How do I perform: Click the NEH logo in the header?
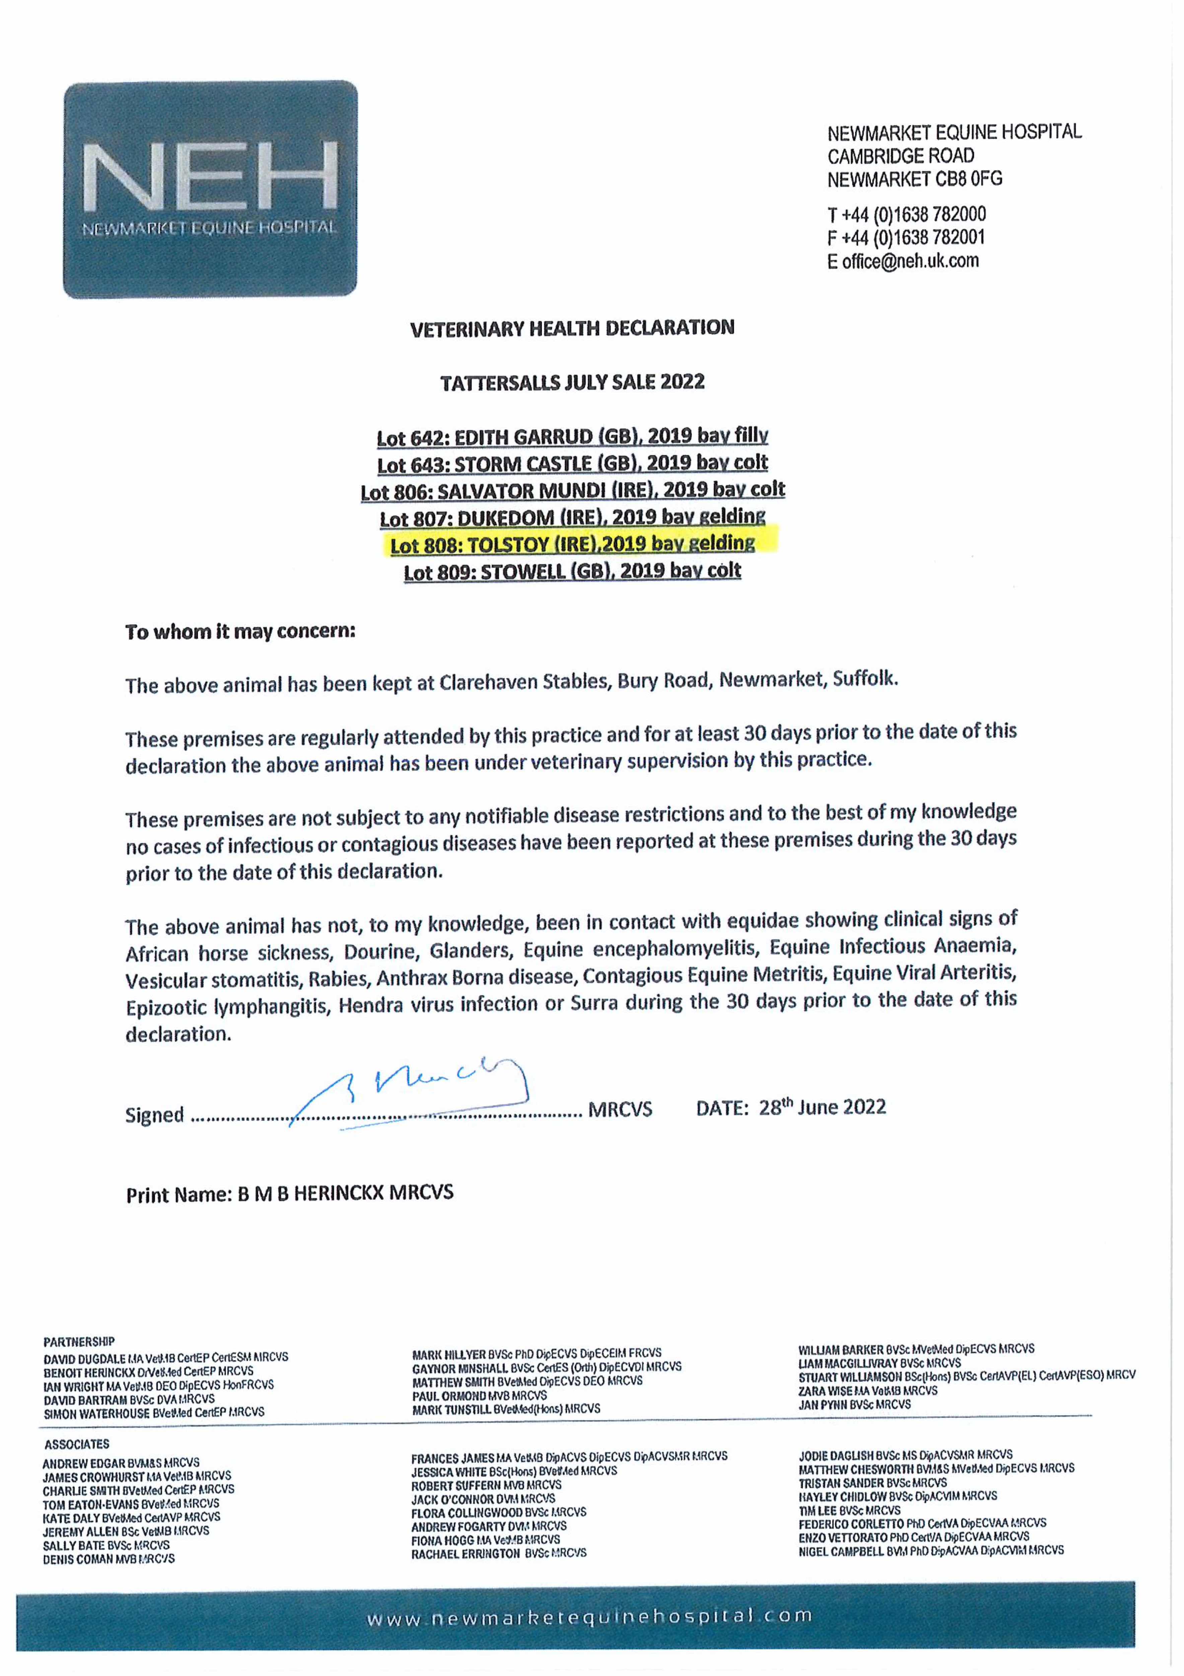click(x=210, y=188)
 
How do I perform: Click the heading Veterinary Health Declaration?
click(x=572, y=328)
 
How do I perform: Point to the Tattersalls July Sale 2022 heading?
click(x=572, y=382)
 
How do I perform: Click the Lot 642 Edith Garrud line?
click(x=572, y=436)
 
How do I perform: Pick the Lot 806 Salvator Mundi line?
click(x=572, y=490)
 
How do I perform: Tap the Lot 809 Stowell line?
click(x=572, y=571)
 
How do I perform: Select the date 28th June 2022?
click(x=822, y=1108)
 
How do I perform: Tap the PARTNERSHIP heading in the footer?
click(x=79, y=1342)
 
